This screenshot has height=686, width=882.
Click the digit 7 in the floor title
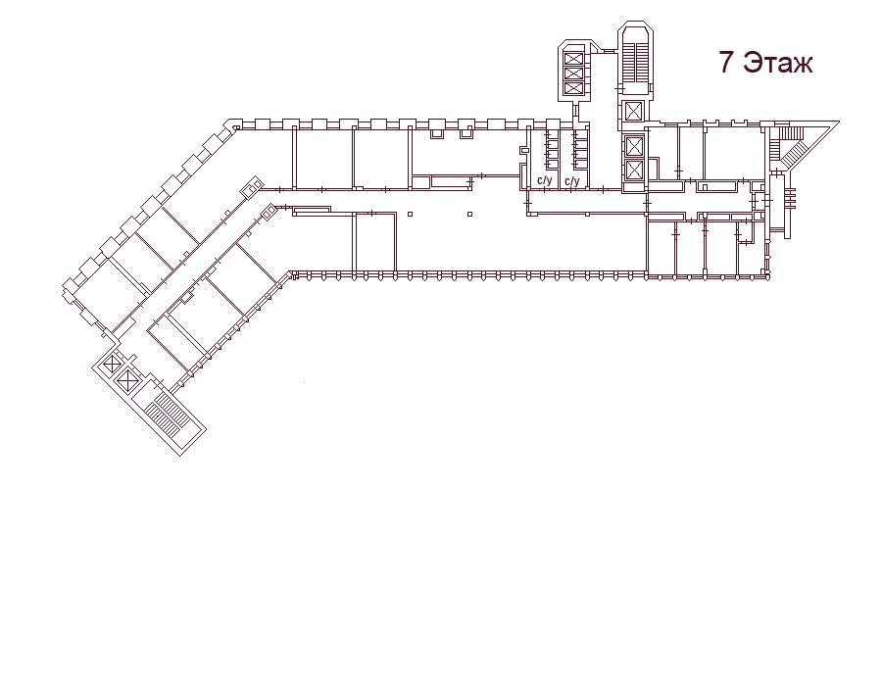(x=727, y=62)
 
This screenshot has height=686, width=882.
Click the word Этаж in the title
(x=778, y=63)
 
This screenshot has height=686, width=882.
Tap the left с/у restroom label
(x=545, y=181)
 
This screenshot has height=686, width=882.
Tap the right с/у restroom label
(x=572, y=181)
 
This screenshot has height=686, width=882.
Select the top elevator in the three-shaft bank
(x=573, y=59)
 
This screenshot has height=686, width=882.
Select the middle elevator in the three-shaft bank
(x=573, y=73)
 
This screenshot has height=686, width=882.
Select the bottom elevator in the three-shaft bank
(x=573, y=88)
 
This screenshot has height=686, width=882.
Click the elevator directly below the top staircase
(x=633, y=111)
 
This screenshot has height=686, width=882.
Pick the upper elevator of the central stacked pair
(x=634, y=147)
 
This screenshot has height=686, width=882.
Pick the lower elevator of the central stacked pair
(x=634, y=170)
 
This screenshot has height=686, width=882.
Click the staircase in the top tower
(x=635, y=61)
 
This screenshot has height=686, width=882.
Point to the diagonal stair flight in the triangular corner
(x=794, y=152)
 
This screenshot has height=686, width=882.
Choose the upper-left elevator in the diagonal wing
(x=113, y=365)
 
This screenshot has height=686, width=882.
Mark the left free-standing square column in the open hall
(x=410, y=215)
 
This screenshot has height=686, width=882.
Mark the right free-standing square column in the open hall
(x=469, y=215)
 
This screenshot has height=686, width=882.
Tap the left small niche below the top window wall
(x=436, y=134)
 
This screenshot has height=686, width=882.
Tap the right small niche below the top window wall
(x=465, y=134)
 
